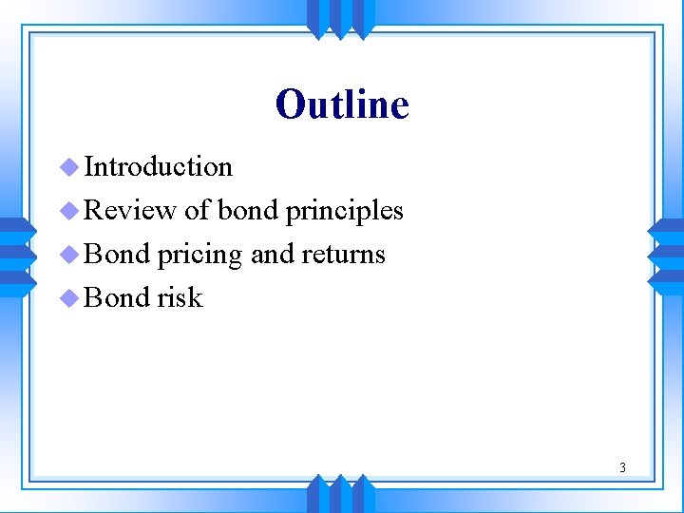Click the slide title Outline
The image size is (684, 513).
[342, 104]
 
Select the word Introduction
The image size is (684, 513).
[158, 166]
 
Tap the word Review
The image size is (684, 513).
[130, 210]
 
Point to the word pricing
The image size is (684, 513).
[199, 255]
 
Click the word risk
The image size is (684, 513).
[180, 297]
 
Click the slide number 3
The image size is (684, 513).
[622, 466]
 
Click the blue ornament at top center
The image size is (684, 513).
[341, 18]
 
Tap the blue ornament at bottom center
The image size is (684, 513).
[341, 494]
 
